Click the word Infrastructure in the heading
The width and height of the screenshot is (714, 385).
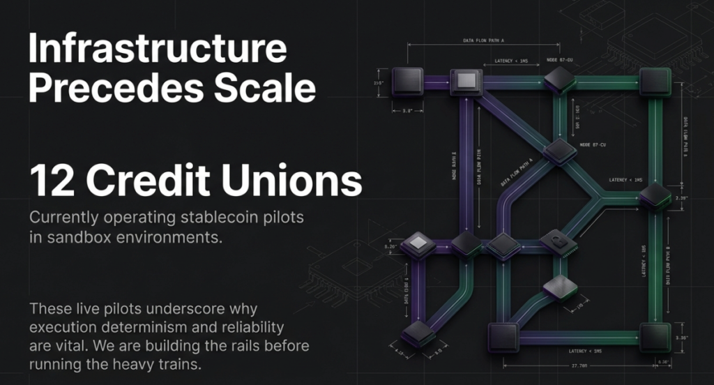point(157,51)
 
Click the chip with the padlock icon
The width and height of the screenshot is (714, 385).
point(555,241)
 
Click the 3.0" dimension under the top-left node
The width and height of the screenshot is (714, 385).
point(409,110)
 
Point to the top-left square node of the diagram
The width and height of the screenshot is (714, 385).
point(408,81)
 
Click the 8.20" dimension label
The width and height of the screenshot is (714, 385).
point(390,246)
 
